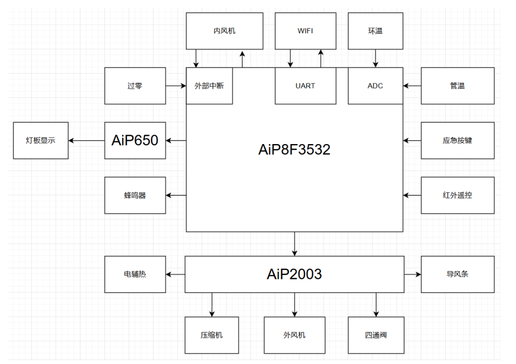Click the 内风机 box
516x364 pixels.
click(224, 31)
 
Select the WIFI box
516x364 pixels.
click(305, 31)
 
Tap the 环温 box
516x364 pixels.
click(375, 31)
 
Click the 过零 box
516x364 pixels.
click(135, 86)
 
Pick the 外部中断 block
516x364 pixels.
click(209, 86)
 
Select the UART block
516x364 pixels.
click(305, 86)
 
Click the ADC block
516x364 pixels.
click(375, 86)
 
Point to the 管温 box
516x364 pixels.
click(457, 86)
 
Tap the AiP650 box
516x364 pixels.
click(135, 141)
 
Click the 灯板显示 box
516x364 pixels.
click(41, 141)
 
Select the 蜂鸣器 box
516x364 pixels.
click(135, 195)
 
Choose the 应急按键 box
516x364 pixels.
click(457, 141)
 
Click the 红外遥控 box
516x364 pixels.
click(457, 195)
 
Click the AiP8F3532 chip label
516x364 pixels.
click(294, 150)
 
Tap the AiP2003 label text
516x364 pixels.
click(294, 274)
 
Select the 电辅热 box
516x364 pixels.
click(135, 274)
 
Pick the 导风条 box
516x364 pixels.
click(457, 274)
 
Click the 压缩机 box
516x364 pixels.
click(212, 335)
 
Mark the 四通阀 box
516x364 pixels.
click(376, 335)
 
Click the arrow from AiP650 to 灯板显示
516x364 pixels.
click(87, 141)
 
